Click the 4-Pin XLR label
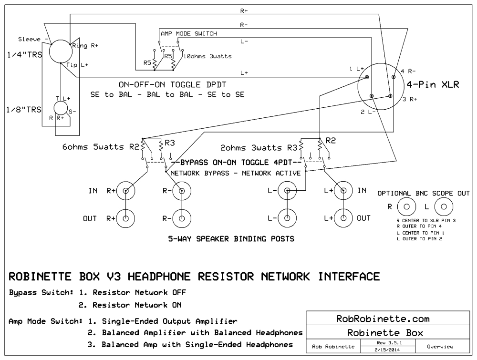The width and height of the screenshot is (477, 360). (433, 86)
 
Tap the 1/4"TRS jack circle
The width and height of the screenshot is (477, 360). (61, 51)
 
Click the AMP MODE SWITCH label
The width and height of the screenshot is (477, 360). (189, 34)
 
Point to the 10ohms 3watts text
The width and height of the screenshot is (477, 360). (208, 56)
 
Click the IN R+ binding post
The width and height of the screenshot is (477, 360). (126, 191)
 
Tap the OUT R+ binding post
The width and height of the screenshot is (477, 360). (126, 219)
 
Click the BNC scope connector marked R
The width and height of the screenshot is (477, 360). (407, 207)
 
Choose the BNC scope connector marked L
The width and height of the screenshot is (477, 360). (444, 207)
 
